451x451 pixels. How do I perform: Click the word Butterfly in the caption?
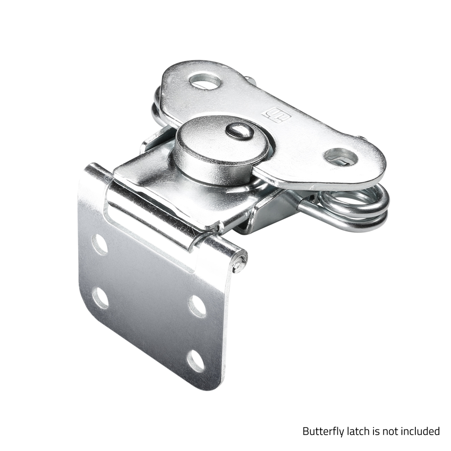(323, 431)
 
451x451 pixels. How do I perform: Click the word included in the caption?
(420, 431)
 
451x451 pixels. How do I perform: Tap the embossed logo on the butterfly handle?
(277, 115)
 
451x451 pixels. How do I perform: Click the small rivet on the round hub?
(239, 131)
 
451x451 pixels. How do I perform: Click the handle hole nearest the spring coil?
(341, 157)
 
